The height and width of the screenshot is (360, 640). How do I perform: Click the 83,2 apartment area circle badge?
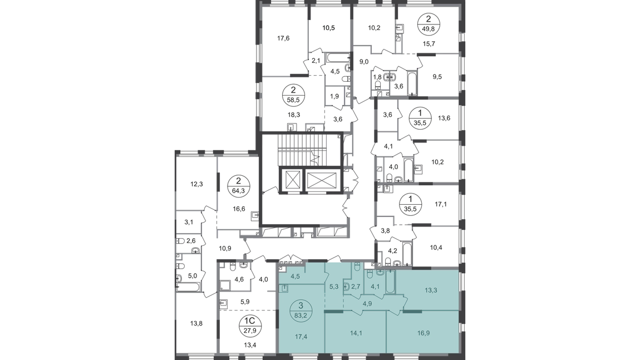301,310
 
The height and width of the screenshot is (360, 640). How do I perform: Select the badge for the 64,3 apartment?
239,186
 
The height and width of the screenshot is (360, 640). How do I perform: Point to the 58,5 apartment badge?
293,95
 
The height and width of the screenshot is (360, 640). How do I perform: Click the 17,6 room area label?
283,38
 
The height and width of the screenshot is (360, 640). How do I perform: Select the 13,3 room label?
431,290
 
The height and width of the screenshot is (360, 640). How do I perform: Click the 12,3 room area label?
196,184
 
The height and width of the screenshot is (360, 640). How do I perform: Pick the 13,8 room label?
196,323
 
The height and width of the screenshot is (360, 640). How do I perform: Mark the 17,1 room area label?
440,204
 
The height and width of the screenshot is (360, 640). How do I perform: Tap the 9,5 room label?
437,77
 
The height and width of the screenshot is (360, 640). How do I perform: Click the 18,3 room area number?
293,115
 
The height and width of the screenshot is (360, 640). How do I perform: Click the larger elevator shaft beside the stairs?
322,180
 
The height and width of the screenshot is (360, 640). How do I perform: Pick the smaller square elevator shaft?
292,180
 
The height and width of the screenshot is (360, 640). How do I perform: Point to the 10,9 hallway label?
225,248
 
